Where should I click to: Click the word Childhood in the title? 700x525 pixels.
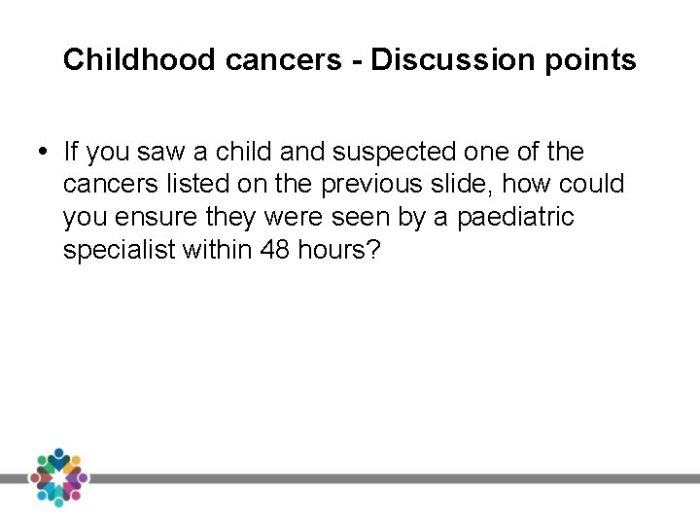[140, 60]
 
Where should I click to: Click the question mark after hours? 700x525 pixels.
[373, 250]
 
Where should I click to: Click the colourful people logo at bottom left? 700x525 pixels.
[58, 476]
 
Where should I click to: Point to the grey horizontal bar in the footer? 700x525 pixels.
[389, 478]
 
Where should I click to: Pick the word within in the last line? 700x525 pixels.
[220, 250]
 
